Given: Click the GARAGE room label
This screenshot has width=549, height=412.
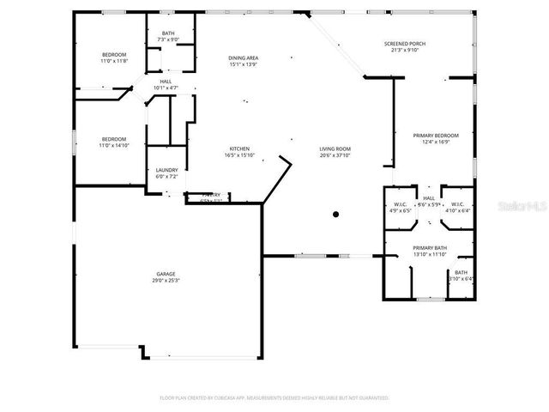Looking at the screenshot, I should [166, 274].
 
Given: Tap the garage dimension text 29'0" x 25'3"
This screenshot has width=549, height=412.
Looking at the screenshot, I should [166, 281].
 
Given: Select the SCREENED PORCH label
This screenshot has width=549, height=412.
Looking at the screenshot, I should [404, 44].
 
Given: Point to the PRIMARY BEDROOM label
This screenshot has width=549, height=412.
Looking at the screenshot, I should [436, 136].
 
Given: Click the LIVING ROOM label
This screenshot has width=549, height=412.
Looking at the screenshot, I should [335, 148].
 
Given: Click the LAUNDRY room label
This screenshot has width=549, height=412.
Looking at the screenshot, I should [166, 170].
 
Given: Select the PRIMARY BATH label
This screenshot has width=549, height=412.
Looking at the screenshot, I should [430, 248].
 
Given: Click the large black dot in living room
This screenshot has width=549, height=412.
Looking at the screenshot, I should [336, 214].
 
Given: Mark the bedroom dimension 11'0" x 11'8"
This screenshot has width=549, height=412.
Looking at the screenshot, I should [114, 61].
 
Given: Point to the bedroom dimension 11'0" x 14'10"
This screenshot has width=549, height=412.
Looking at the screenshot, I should [114, 146].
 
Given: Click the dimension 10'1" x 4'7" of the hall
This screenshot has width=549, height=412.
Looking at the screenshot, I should [166, 88].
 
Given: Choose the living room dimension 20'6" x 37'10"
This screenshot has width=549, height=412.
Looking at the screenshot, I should [335, 155].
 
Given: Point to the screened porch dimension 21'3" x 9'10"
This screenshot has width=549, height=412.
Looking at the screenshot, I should [404, 51].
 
